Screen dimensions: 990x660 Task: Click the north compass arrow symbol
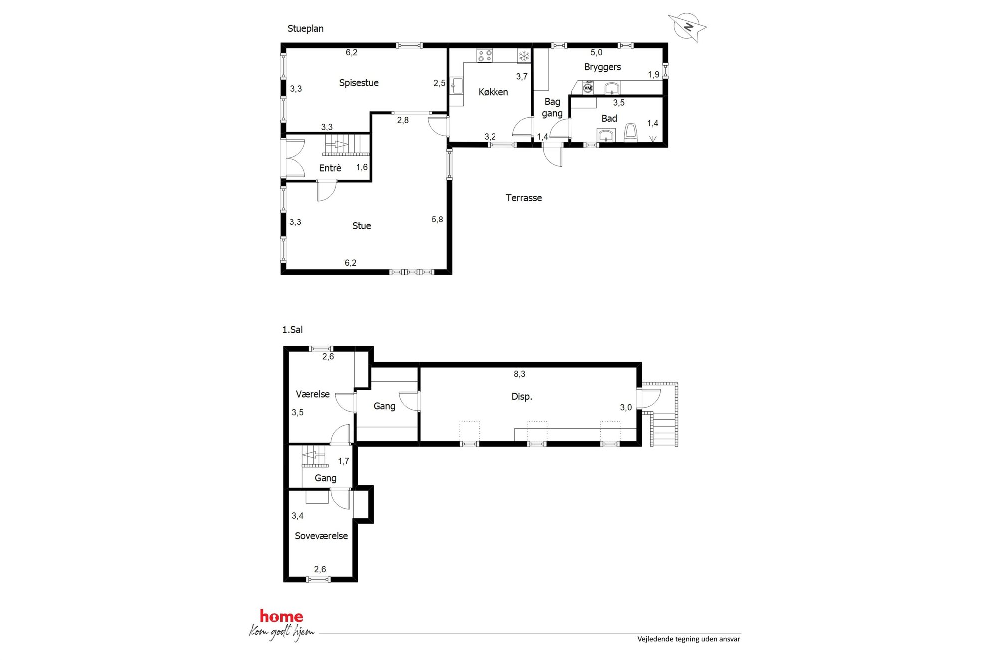pyautogui.click(x=688, y=27)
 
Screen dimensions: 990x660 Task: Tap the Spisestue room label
pyautogui.click(x=359, y=83)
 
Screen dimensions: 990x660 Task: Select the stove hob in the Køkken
pyautogui.click(x=484, y=55)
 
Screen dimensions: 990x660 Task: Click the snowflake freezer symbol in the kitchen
pyautogui.click(x=524, y=56)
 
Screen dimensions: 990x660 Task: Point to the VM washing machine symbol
pyautogui.click(x=588, y=88)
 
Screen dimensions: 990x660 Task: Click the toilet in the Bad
pyautogui.click(x=631, y=133)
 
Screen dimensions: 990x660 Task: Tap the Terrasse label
pyautogui.click(x=524, y=198)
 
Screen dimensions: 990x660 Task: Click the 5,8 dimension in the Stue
pyautogui.click(x=437, y=220)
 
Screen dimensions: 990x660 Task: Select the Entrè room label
pyautogui.click(x=330, y=168)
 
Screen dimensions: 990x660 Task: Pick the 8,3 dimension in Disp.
pyautogui.click(x=519, y=374)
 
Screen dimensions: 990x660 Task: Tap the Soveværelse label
pyautogui.click(x=321, y=536)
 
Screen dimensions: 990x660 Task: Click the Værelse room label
pyautogui.click(x=313, y=394)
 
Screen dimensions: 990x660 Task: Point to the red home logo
pyautogui.click(x=281, y=617)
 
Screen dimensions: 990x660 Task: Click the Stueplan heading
pyautogui.click(x=305, y=29)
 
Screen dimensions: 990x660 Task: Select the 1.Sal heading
pyautogui.click(x=292, y=330)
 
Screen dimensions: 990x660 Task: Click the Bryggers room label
pyautogui.click(x=603, y=67)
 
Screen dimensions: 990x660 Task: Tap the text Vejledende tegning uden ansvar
pyautogui.click(x=689, y=639)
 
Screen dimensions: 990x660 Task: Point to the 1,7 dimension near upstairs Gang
pyautogui.click(x=343, y=461)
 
